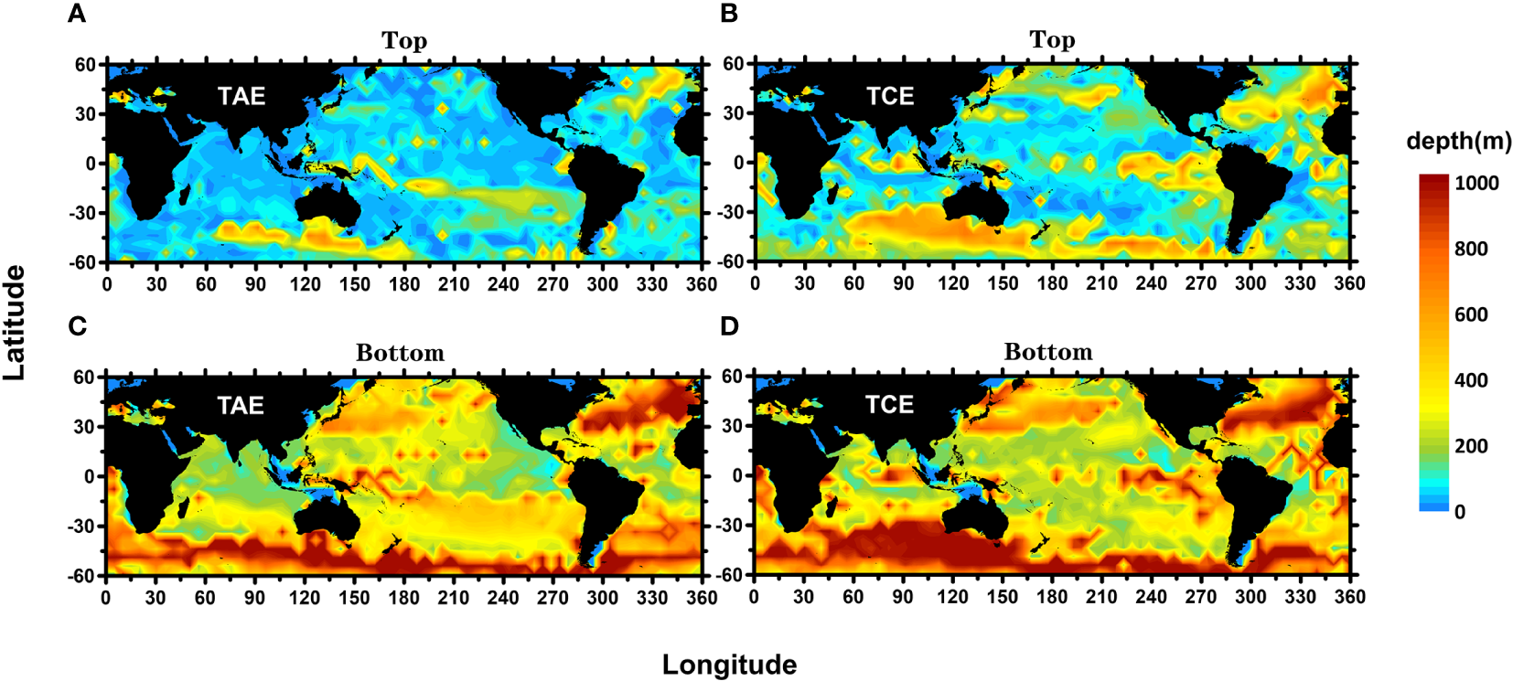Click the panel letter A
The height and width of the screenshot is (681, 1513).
[78, 14]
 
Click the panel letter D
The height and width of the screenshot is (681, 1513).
[729, 326]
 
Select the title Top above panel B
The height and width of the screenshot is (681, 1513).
[1052, 40]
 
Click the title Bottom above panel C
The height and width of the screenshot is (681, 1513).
[400, 353]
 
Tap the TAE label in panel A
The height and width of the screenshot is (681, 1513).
[241, 96]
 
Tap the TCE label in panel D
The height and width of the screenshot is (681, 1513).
[889, 405]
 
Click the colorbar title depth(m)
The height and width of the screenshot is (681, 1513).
[1458, 141]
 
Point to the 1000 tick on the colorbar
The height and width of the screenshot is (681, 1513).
[1476, 183]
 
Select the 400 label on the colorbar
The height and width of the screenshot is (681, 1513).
[1471, 380]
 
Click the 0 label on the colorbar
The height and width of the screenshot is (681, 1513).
[1460, 512]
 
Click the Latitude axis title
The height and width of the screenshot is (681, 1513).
[14, 323]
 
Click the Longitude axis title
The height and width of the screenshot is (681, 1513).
[729, 665]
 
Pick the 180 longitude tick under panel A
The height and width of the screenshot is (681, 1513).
[404, 284]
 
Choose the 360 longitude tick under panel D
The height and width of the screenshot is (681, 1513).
[1349, 597]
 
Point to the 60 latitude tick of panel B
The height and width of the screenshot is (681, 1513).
[733, 64]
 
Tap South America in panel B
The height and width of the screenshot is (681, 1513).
[1253, 197]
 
